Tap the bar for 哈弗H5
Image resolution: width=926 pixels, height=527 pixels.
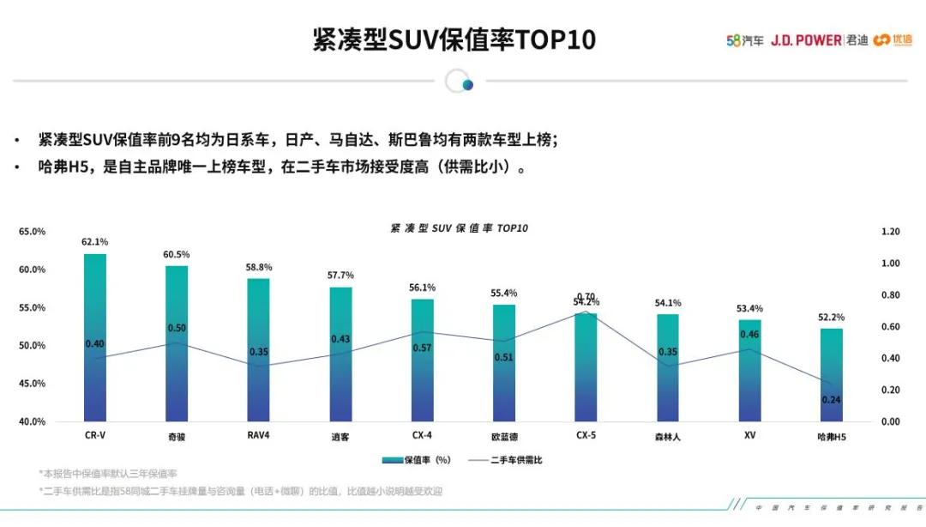coord(832,374)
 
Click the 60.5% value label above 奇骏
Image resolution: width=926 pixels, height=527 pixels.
coord(177,255)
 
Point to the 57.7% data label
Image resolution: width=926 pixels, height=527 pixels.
coord(340,276)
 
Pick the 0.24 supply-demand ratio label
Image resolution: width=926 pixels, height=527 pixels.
coord(832,400)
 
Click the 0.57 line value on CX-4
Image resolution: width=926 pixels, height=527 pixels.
coord(423,348)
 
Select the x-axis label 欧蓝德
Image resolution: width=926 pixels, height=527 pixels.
coord(504,436)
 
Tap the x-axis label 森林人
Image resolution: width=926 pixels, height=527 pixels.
coord(668,436)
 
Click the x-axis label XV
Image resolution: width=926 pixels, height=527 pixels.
coord(749,435)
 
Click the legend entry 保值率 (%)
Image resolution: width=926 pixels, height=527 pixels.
coord(416,460)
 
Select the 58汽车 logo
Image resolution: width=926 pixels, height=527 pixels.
coord(744,40)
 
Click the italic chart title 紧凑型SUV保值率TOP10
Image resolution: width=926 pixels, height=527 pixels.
coord(459,228)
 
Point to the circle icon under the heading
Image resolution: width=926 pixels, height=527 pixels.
coord(460,82)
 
